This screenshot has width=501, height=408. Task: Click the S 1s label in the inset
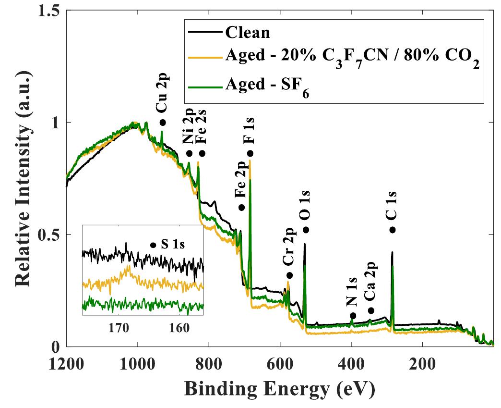click(173, 245)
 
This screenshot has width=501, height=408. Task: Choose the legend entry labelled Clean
click(248, 33)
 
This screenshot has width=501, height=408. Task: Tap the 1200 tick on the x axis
click(66, 361)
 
